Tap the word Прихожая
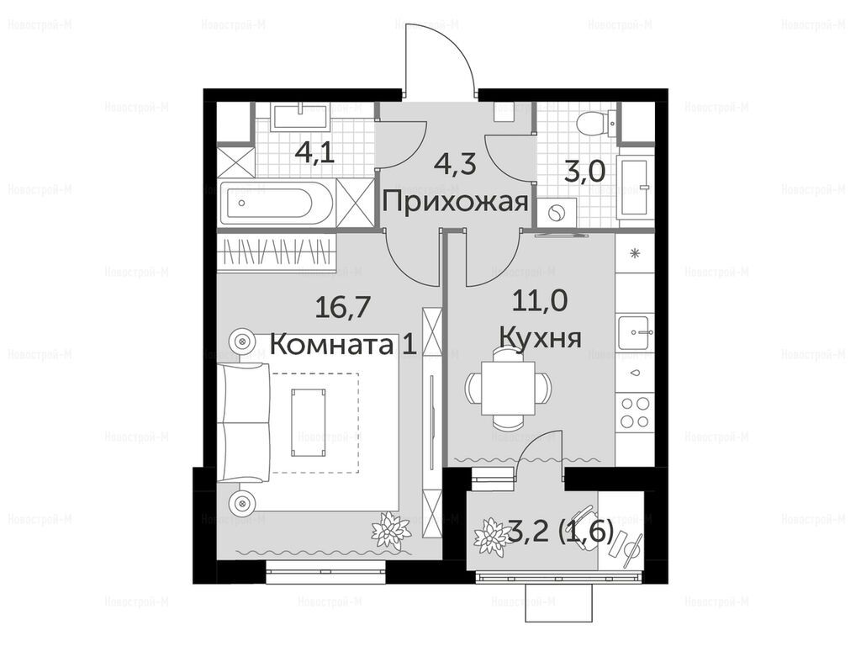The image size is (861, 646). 455,202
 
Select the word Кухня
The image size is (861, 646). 541,336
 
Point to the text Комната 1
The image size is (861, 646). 344,345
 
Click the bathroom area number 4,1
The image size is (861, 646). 314,152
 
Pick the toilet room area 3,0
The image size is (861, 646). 585,172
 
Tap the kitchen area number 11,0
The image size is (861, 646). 540,300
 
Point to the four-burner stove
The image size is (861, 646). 635,412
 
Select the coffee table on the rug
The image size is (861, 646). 308,422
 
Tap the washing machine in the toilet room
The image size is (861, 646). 556,212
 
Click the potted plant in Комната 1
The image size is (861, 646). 390,528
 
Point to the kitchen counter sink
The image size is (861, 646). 635,331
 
